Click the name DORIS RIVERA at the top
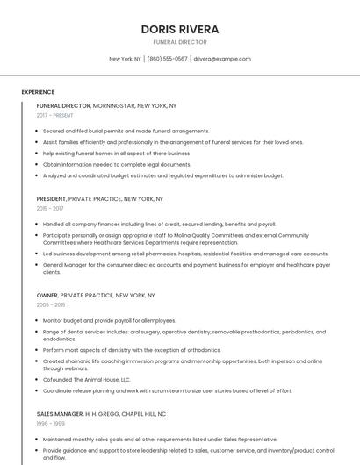coord(180,29)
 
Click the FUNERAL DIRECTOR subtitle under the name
coord(180,42)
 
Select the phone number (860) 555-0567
coord(167,59)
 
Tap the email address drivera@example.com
coord(222,59)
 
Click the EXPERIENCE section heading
coord(38,92)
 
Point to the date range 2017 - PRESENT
coord(55,115)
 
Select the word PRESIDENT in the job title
coord(51,199)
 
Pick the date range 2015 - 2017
coord(50,209)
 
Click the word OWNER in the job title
coord(47,296)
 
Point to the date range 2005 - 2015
coord(51,305)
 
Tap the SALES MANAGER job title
coord(60,413)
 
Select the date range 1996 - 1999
coord(51,423)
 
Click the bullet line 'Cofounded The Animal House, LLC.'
coord(86,379)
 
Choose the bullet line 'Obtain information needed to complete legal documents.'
coord(117,164)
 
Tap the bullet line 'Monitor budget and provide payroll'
coord(110,320)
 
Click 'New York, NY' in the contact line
coord(125,59)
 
